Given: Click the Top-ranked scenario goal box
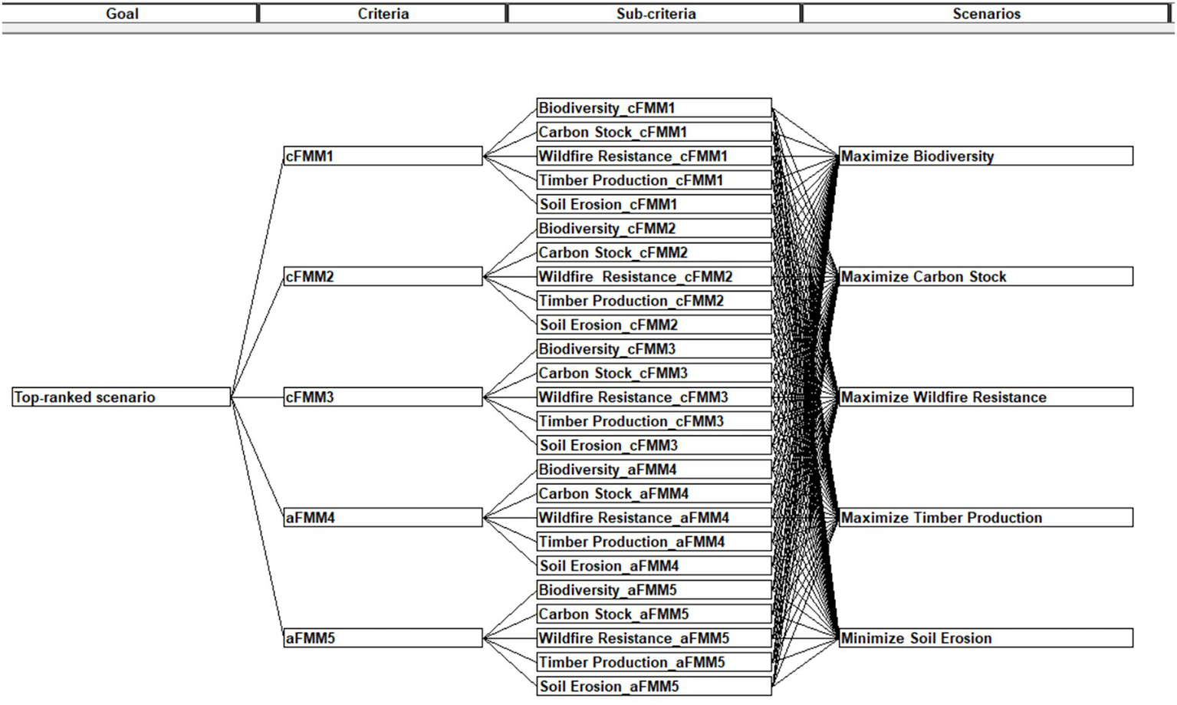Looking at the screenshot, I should tap(121, 397).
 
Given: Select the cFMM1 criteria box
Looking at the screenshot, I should tap(383, 156).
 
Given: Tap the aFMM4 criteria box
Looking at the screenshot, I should tap(383, 517).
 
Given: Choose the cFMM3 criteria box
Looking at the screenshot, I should tap(383, 397).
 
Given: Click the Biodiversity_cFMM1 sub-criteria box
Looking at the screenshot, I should tap(653, 107).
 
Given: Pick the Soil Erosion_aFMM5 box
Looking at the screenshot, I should tap(653, 686).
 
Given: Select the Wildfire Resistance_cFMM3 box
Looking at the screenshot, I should tap(653, 397).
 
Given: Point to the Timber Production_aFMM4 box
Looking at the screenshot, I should tap(653, 542).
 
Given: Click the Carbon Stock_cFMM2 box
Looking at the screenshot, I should tap(653, 252).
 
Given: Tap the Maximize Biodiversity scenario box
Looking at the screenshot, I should tap(985, 156).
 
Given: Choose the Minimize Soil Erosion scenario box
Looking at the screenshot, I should tap(985, 637).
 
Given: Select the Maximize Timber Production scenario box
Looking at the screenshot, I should tap(985, 517).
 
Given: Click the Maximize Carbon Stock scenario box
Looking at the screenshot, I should tap(985, 276).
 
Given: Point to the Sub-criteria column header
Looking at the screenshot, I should tap(655, 14).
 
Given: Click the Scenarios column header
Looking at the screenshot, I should tap(986, 14).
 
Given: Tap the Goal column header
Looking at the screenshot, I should tap(122, 14).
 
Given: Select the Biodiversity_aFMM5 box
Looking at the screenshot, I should tap(653, 589).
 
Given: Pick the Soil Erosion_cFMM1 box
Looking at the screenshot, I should tap(653, 204).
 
